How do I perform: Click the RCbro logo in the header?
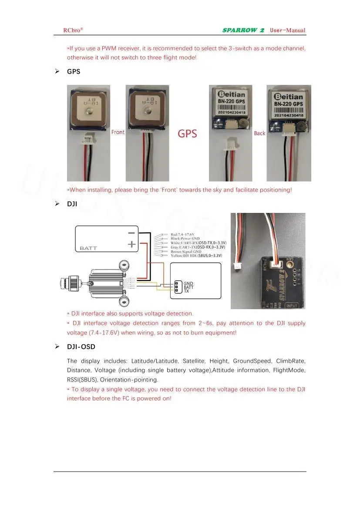click(x=73, y=30)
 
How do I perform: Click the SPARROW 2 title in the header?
click(x=243, y=30)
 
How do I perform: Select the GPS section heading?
click(x=74, y=71)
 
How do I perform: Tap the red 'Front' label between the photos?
click(x=118, y=132)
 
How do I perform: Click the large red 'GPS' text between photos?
click(x=187, y=133)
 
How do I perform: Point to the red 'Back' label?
click(x=259, y=133)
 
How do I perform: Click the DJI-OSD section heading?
click(x=81, y=347)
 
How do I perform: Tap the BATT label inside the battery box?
click(x=88, y=248)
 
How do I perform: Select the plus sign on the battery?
click(x=131, y=245)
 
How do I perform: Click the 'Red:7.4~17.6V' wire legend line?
click(x=182, y=235)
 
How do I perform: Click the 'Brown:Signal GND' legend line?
click(x=185, y=251)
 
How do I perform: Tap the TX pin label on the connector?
click(x=186, y=291)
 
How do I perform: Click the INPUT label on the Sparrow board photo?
click(x=291, y=305)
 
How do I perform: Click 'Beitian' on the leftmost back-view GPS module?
click(x=231, y=94)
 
